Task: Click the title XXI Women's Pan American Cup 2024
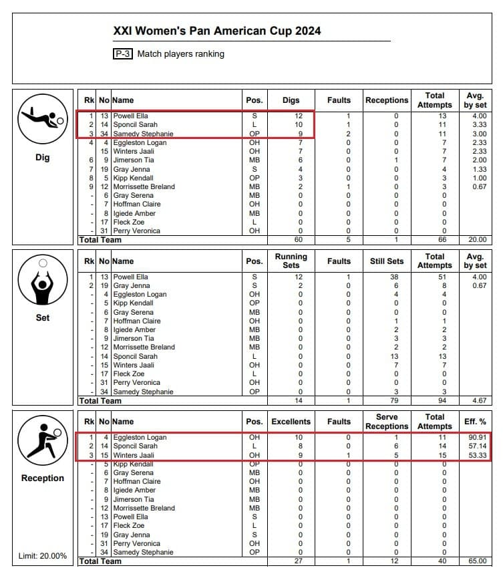(x=217, y=31)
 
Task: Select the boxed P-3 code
(x=122, y=54)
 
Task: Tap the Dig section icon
(x=41, y=120)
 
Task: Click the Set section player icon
(x=41, y=281)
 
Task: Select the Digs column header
(x=291, y=100)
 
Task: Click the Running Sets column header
(x=291, y=261)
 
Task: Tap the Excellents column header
(x=291, y=422)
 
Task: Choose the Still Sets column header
(x=386, y=261)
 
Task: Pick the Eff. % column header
(x=475, y=422)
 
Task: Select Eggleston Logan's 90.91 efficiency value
(x=476, y=438)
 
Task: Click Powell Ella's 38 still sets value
(x=395, y=277)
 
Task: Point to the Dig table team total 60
(x=299, y=239)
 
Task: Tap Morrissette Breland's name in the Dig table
(x=144, y=187)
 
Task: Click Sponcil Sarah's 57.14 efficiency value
(x=476, y=446)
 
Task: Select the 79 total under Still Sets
(x=395, y=401)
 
